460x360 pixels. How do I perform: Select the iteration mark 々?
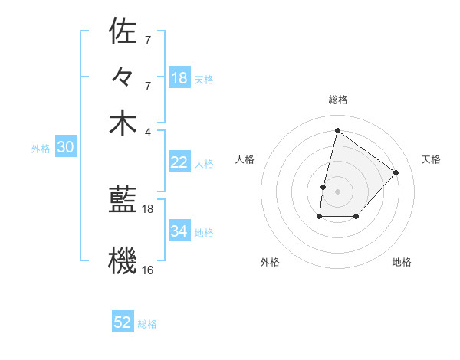(x=123, y=77)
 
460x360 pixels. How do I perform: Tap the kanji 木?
(x=123, y=123)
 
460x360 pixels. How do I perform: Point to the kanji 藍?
(x=123, y=201)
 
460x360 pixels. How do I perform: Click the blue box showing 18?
(x=179, y=78)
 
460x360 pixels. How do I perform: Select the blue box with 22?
(x=179, y=162)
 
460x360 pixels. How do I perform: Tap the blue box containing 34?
(x=179, y=231)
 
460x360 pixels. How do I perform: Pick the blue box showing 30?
(x=66, y=148)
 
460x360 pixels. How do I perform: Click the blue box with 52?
(x=123, y=322)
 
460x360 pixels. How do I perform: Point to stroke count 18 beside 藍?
(x=148, y=208)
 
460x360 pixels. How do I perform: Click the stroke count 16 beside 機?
(x=148, y=270)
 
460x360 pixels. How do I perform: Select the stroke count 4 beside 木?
(x=148, y=131)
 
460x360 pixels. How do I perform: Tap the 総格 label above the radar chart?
(x=338, y=100)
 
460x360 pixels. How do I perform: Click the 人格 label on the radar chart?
(x=245, y=159)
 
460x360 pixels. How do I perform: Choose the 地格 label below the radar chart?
(x=402, y=262)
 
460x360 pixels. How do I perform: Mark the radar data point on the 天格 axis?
(x=396, y=172)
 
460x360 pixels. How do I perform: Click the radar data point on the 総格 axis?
(x=337, y=130)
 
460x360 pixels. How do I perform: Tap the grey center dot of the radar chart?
(x=337, y=191)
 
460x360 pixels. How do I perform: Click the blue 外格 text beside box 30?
(x=40, y=149)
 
